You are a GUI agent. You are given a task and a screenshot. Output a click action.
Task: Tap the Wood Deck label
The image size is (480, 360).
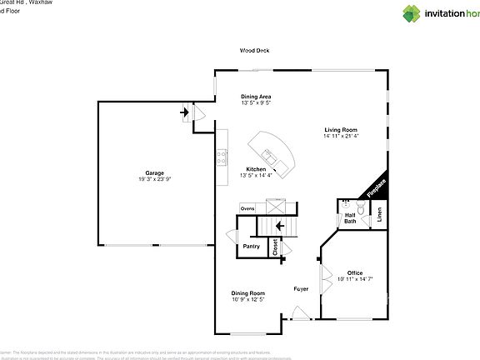(254, 51)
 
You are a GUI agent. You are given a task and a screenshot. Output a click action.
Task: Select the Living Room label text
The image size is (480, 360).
(341, 130)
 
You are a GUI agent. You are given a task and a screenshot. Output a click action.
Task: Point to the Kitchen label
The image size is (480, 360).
(255, 169)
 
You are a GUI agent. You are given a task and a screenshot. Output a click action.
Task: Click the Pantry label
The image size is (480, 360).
(251, 246)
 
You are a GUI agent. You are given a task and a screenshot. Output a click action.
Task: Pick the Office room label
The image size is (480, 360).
(354, 272)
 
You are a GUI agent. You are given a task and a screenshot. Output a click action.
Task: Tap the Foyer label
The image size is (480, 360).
(301, 289)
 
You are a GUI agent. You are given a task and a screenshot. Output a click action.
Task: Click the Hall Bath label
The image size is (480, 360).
(350, 217)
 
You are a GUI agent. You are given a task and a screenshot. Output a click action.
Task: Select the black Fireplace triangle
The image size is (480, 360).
(377, 187)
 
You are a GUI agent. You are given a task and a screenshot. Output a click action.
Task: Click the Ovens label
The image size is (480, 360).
(247, 208)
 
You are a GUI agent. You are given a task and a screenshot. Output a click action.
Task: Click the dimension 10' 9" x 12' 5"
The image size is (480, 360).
(247, 299)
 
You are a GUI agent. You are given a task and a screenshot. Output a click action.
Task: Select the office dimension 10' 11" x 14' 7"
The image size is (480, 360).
(355, 279)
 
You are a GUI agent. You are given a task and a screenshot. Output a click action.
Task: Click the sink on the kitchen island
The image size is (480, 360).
(269, 155)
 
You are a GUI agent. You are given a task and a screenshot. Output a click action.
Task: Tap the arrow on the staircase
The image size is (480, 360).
(280, 225)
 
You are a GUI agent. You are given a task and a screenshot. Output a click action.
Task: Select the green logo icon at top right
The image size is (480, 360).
(389, 13)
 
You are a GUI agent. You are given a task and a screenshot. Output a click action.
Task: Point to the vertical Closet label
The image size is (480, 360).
(274, 246)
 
